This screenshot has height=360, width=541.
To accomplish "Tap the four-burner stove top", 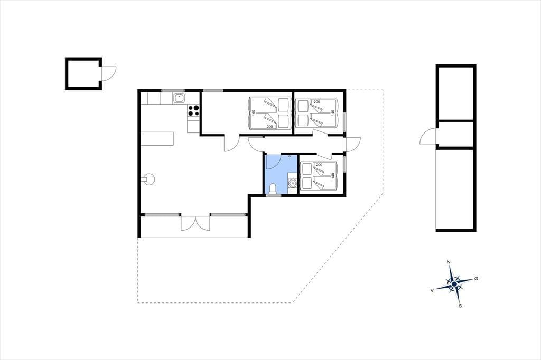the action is pyautogui.click(x=193, y=110).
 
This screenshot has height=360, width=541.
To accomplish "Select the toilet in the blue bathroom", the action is pyautogui.click(x=273, y=189).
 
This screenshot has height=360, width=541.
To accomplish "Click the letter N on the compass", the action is pyautogui.click(x=449, y=262).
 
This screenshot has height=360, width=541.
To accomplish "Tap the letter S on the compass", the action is pyautogui.click(x=460, y=306).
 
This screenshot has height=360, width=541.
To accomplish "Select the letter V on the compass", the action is pyautogui.click(x=432, y=291).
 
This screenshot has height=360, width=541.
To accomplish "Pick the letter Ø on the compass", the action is pyautogui.click(x=476, y=278).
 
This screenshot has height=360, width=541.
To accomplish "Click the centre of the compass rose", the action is pyautogui.click(x=454, y=284).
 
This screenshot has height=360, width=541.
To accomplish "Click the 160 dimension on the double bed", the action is pyautogui.click(x=253, y=113).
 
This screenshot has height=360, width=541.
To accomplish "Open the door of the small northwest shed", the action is pyautogui.click(x=109, y=73).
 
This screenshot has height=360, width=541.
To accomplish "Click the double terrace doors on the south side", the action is pyautogui.click(x=195, y=223).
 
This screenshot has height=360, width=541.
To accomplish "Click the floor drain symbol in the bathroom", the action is pyautogui.click(x=289, y=156).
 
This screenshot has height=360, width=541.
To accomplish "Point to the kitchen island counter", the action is pyautogui.click(x=157, y=139).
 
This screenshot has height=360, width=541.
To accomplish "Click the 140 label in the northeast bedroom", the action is pyautogui.click(x=333, y=112).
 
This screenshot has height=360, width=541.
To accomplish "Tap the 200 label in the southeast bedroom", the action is pyautogui.click(x=319, y=165).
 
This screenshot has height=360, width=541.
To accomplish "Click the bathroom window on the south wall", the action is pyautogui.click(x=274, y=195).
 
